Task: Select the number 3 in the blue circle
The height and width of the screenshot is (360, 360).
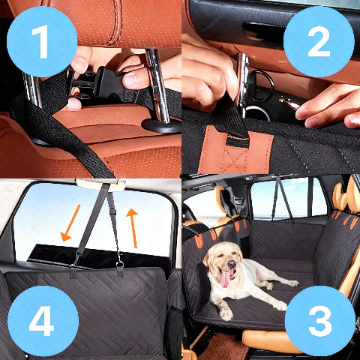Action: (319, 320)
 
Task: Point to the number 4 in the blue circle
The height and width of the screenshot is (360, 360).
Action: (41, 320)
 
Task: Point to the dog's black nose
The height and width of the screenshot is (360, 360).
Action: (224, 267)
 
